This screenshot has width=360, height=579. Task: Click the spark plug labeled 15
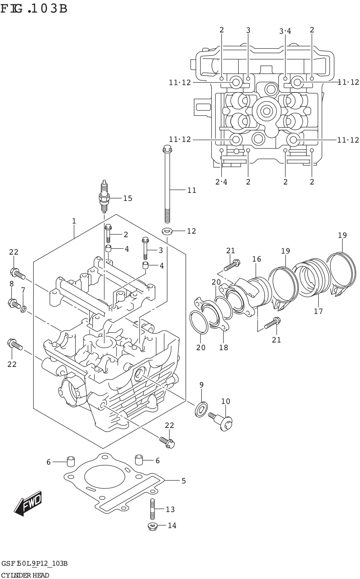tap(104, 196)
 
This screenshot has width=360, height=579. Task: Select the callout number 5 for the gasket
tap(184, 481)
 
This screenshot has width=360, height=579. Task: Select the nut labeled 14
tap(152, 526)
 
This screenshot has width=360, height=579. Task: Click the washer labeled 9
tap(201, 409)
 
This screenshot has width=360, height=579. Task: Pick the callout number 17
tap(318, 311)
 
